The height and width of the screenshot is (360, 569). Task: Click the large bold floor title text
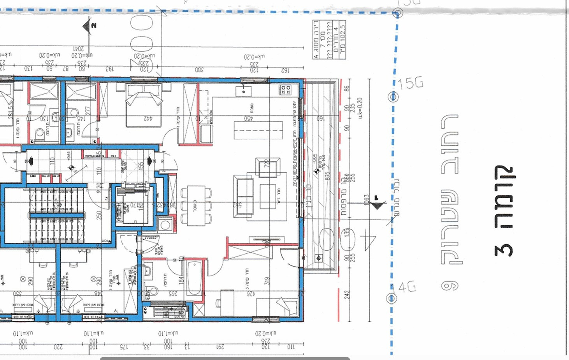tap(504, 211)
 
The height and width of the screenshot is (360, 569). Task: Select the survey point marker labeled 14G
tap(391, 298)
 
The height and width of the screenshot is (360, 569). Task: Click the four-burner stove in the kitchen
tap(285, 90)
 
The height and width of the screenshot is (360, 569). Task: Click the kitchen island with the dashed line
tap(258, 130)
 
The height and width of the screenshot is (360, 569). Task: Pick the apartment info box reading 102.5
tap(329, 40)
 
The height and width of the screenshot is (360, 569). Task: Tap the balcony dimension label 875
tap(328, 176)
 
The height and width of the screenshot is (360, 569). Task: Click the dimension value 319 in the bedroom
tap(267, 281)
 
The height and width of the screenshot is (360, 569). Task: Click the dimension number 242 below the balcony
tap(347, 295)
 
